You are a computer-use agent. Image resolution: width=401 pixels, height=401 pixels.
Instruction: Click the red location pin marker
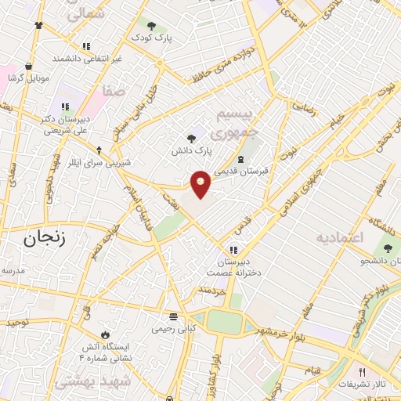pyautogui.click(x=200, y=182)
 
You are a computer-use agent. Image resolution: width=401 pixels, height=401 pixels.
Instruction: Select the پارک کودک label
pyautogui.click(x=152, y=37)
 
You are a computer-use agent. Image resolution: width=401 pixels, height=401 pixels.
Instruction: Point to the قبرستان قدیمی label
pyautogui.click(x=240, y=171)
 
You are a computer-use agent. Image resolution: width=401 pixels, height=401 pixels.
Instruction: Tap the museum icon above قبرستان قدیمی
pyautogui.click(x=240, y=160)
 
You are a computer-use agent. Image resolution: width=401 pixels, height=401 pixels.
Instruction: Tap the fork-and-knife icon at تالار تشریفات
pyautogui.click(x=361, y=372)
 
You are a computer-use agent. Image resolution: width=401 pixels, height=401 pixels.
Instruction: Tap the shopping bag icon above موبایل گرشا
pyautogui.click(x=29, y=67)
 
